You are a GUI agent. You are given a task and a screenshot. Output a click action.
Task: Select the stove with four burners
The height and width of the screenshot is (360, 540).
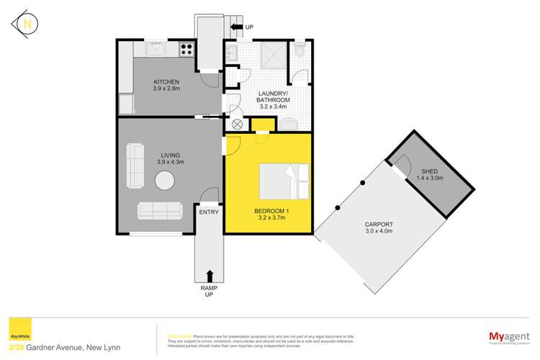coord(185,50)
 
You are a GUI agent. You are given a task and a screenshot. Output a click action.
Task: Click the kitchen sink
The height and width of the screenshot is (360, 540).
coord(156,50)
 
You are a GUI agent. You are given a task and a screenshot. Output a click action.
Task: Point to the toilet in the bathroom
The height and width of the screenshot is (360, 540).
coord(300,50)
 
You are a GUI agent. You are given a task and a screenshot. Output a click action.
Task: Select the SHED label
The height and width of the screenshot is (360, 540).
coord(429,171)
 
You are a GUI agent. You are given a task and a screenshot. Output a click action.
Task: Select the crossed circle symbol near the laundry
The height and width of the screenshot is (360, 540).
coord(234,123)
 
